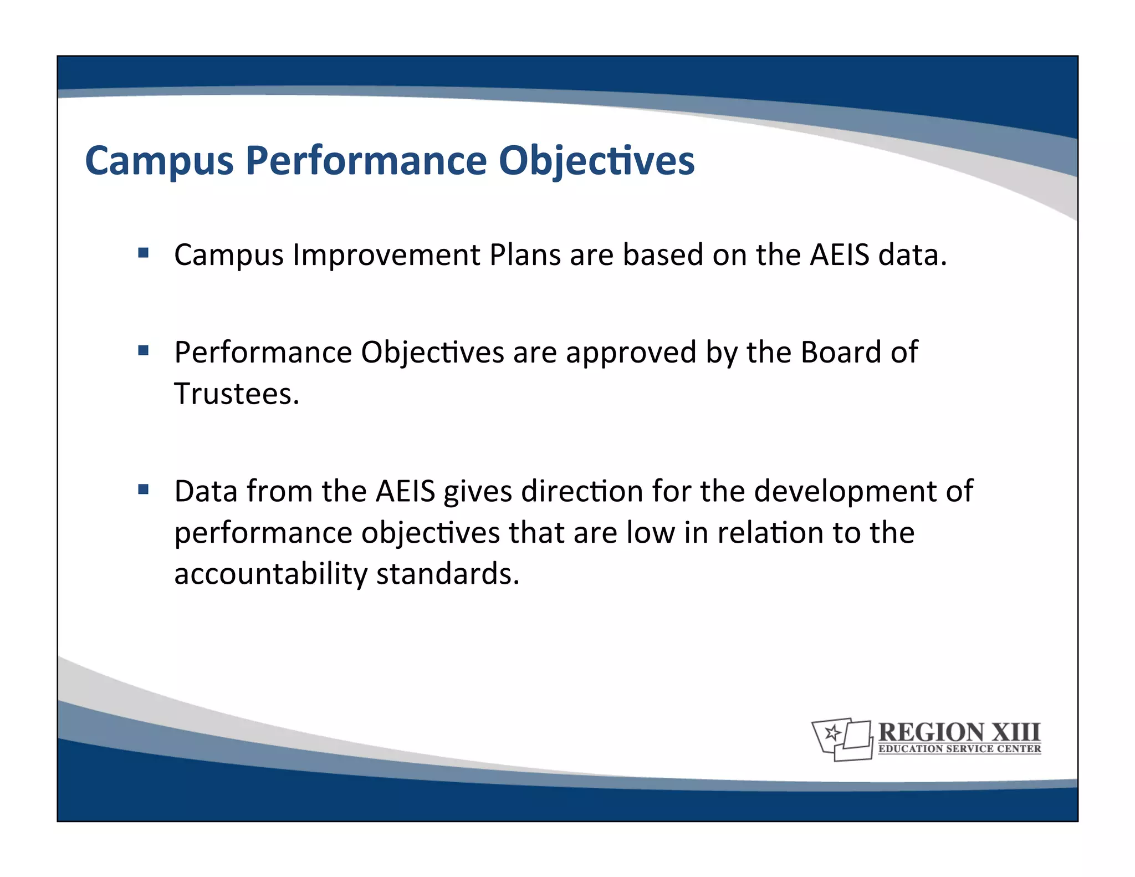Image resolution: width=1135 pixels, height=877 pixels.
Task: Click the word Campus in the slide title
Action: pos(160,161)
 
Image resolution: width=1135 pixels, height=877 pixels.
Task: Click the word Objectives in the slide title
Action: pos(596,161)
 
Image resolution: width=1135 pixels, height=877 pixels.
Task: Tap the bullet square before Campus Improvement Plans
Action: pos(144,253)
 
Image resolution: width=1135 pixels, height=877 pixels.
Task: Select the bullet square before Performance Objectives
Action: pos(144,350)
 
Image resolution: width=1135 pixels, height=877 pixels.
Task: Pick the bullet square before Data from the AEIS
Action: pos(144,489)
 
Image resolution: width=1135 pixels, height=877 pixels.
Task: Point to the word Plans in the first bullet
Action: pos(525,255)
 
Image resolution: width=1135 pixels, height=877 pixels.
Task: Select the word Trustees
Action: pos(237,394)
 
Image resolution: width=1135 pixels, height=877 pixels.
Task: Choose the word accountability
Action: pos(270,574)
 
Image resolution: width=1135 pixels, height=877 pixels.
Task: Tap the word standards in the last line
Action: pos(448,574)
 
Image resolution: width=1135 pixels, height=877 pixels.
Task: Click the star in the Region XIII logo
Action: pos(831,733)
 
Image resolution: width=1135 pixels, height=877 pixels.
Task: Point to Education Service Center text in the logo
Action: pos(959,749)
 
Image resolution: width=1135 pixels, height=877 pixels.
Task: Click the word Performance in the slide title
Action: pos(366,161)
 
